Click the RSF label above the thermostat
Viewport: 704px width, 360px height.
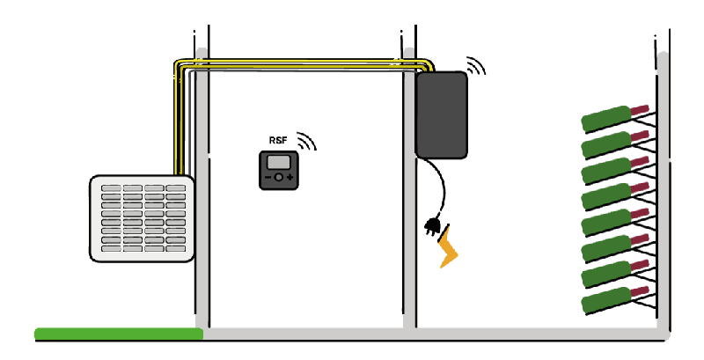pyautogui.click(x=277, y=141)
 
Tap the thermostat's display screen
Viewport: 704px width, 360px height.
pyautogui.click(x=280, y=163)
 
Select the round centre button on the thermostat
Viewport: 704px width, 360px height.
pyautogui.click(x=279, y=178)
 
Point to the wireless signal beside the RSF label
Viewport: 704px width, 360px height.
pyautogui.click(x=305, y=141)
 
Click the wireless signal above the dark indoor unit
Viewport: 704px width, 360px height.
pyautogui.click(x=475, y=66)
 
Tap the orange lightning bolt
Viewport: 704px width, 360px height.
pyautogui.click(x=450, y=248)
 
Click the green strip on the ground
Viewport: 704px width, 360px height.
pyautogui.click(x=119, y=334)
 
